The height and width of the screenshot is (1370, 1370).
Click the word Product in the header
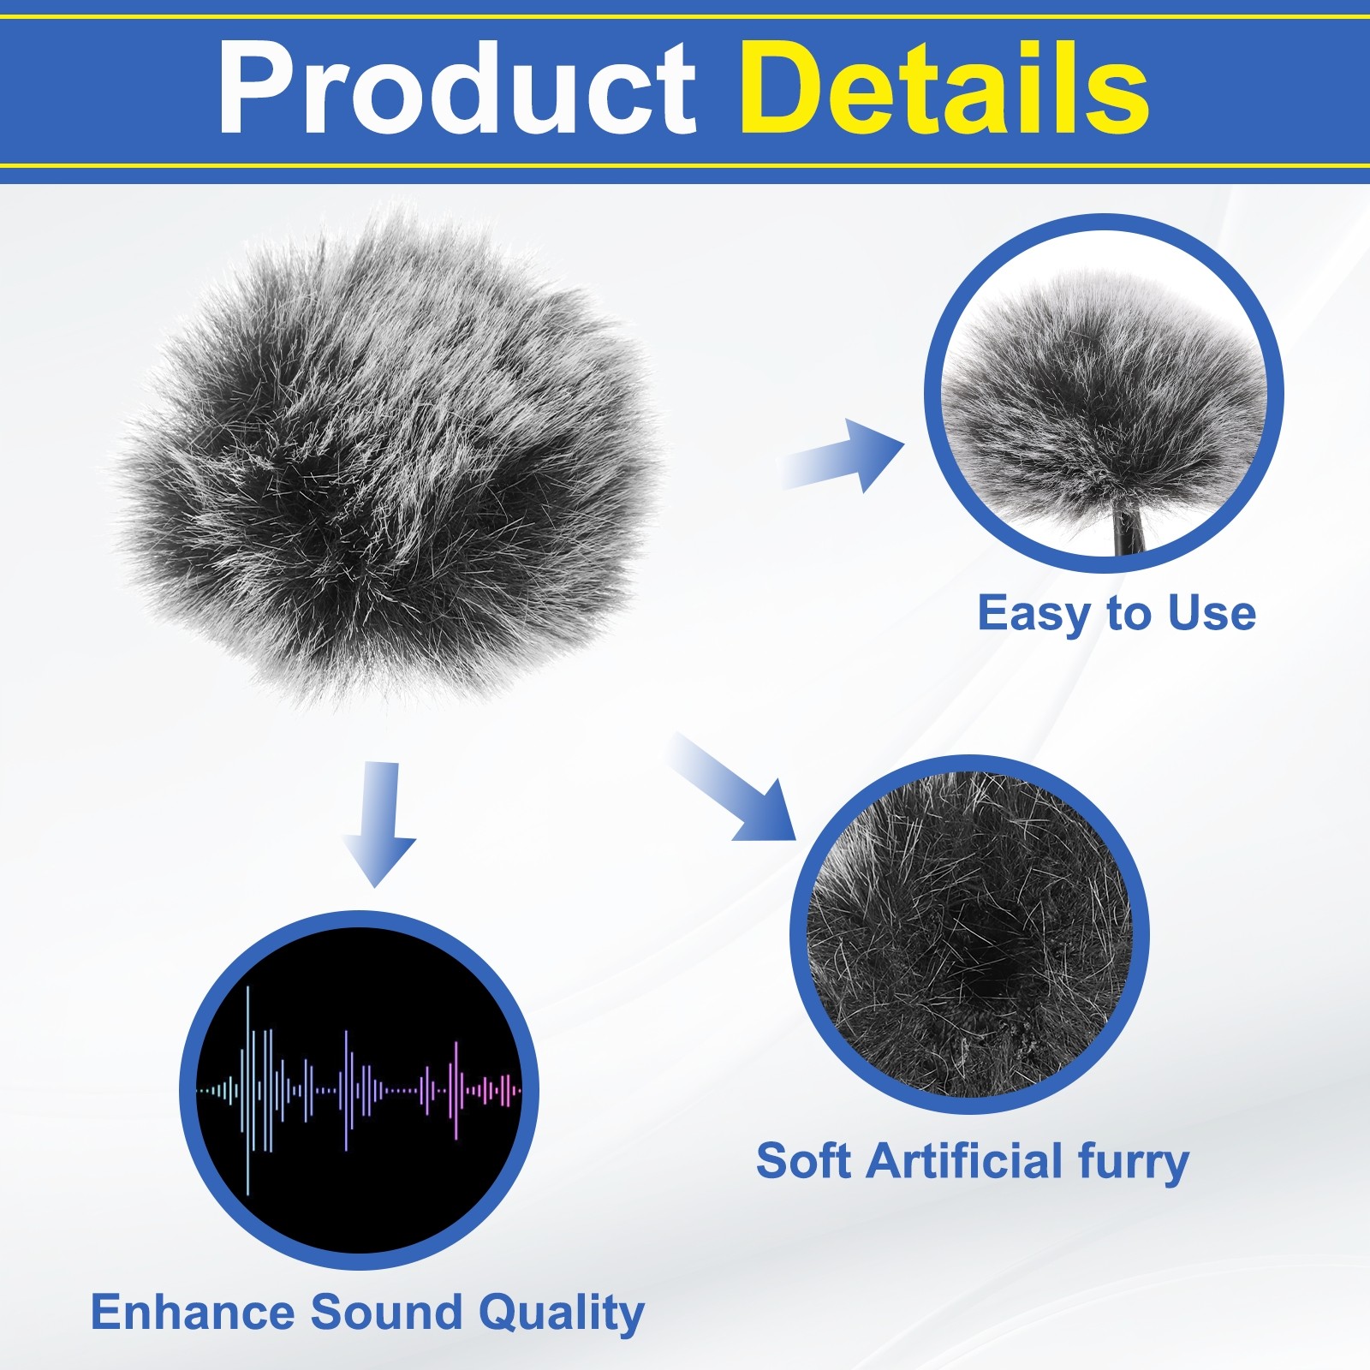[x=457, y=89]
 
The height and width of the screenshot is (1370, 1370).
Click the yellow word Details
[x=944, y=89]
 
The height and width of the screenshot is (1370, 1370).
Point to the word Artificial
[x=965, y=1161]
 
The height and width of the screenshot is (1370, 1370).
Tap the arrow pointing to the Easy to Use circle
[x=843, y=455]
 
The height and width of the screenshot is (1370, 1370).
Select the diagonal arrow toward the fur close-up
[x=735, y=787]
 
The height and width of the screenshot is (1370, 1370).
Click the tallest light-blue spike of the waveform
[x=248, y=1090]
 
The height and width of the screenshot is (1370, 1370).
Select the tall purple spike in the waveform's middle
[x=347, y=1090]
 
